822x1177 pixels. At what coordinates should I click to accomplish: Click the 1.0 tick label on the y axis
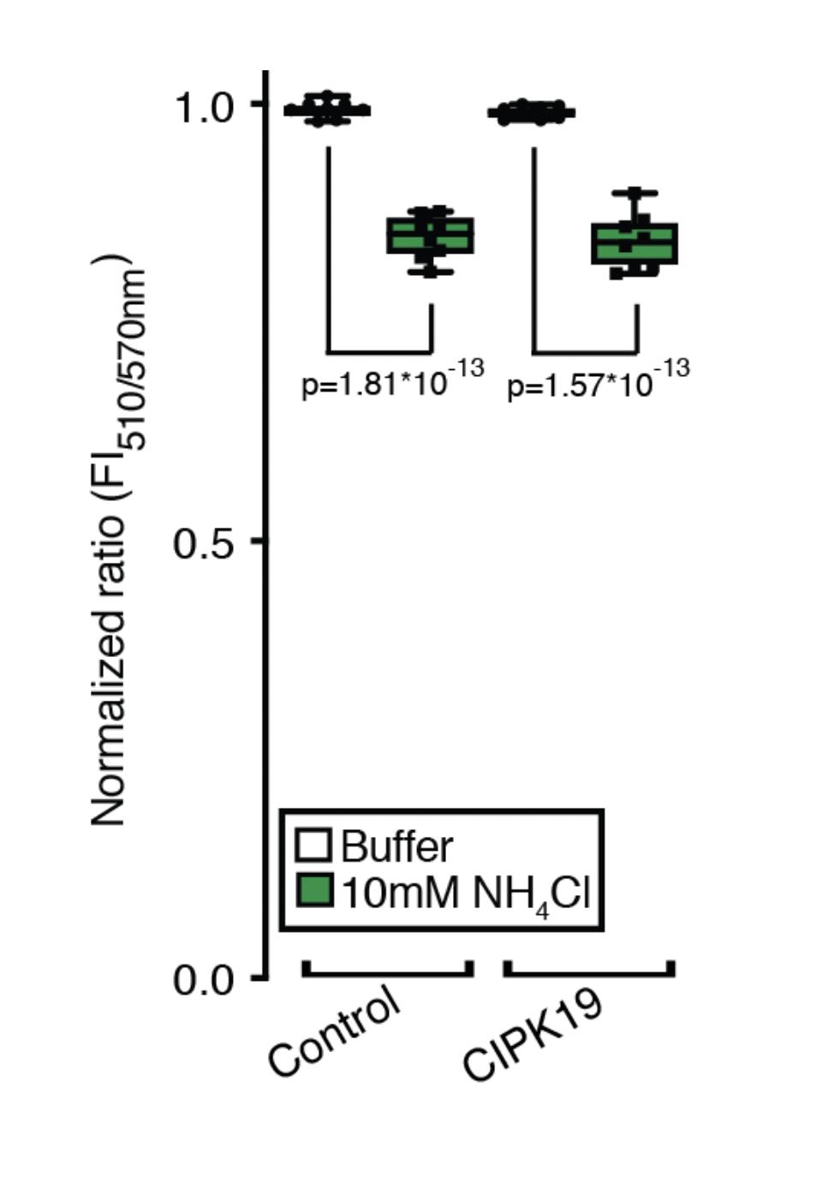point(203,109)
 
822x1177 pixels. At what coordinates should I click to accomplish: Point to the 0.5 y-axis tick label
point(203,543)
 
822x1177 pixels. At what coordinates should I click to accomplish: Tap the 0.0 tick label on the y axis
point(203,979)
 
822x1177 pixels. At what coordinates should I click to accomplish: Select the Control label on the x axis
point(334,1031)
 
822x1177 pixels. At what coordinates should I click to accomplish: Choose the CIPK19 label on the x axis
point(533,1037)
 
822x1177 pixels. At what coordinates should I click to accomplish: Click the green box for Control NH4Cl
point(430,236)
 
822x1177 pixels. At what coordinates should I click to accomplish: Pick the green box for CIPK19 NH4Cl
point(634,243)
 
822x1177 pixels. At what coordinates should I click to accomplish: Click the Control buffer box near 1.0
point(327,110)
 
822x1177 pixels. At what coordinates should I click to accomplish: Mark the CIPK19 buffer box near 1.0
point(531,112)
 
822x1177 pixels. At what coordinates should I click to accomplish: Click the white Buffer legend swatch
point(313,844)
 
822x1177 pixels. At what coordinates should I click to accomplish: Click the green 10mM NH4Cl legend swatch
point(313,891)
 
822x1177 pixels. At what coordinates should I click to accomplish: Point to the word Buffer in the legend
point(396,846)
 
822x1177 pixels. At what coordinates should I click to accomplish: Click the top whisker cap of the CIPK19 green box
point(634,194)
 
